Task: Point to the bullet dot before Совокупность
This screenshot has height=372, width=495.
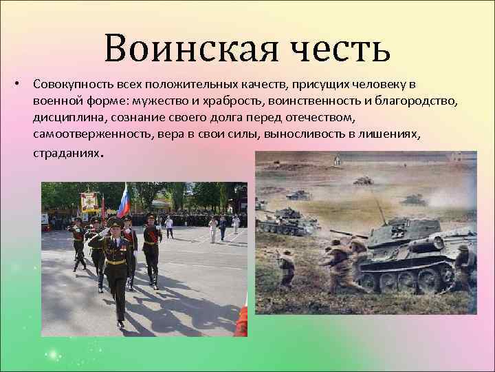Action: [16, 83]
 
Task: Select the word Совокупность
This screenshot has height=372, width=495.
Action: [67, 84]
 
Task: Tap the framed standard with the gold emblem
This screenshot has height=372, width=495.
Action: [90, 203]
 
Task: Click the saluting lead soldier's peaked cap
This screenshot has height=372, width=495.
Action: [114, 223]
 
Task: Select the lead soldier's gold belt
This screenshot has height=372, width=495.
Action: [116, 262]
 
